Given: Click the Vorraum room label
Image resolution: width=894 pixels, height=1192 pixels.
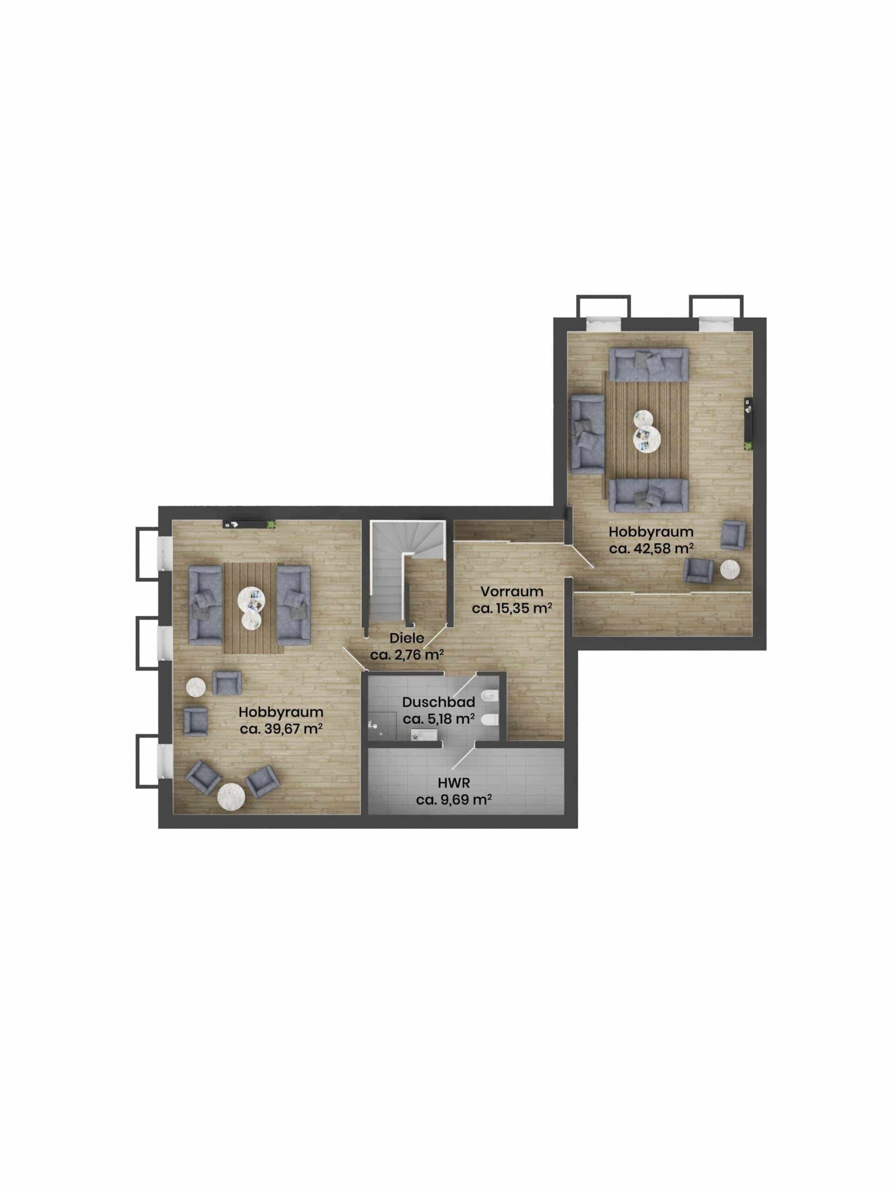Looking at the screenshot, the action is pos(511,591).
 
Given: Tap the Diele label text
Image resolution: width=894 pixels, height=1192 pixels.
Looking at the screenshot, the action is pos(406,638).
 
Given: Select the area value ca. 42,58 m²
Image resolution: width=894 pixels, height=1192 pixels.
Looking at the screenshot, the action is pos(650,549).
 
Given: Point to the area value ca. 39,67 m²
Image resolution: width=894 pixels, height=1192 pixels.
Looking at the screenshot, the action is pos(281,729).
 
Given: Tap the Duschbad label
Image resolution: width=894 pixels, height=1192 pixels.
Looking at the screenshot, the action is pos(438,702).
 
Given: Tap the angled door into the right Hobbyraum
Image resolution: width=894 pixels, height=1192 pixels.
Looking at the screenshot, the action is pos(580,555).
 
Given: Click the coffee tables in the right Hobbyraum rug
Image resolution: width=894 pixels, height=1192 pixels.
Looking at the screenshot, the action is pos(647,431).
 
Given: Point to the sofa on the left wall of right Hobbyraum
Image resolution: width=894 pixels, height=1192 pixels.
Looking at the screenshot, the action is pos(587,434).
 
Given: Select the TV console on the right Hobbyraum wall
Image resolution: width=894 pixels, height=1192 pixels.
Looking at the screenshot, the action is pos(748,423).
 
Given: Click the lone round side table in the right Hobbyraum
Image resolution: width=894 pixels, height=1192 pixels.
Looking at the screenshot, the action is pos(730,569).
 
